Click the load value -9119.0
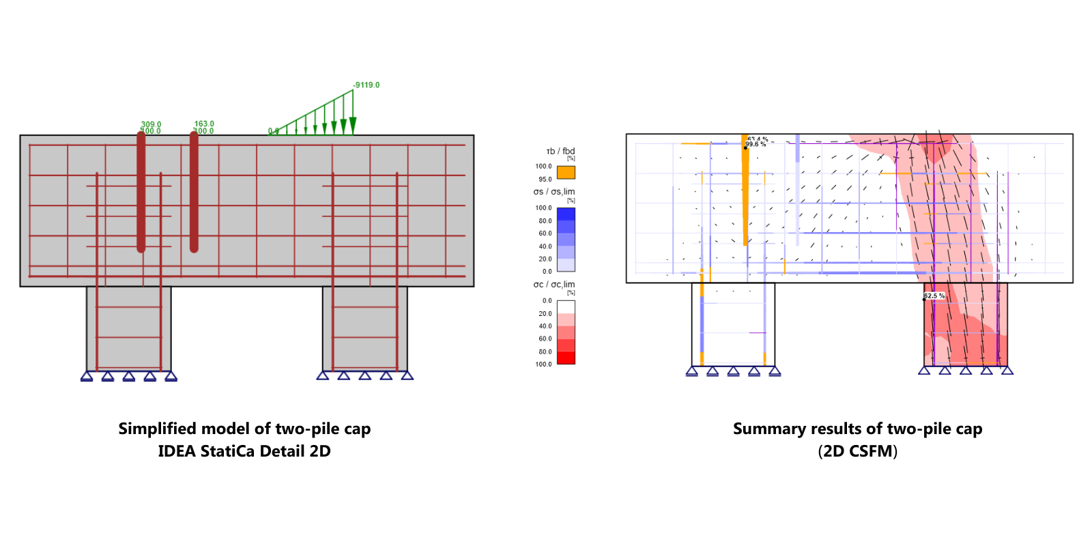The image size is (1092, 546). pos(367,85)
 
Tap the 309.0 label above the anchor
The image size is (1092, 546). pos(152,124)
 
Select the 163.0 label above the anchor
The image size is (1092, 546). pos(204,124)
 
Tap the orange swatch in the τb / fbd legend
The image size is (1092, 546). pos(566,173)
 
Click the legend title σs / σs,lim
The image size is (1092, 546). pos(554,192)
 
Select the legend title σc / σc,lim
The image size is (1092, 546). pos(554,285)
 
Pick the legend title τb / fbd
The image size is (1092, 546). pos(560,152)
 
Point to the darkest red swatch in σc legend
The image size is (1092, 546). pos(566,358)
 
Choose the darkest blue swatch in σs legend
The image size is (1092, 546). pos(566,214)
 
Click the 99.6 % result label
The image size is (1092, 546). pos(756,145)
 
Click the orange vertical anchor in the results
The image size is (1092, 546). pos(745,191)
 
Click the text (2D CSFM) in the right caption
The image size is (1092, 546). pos(857,451)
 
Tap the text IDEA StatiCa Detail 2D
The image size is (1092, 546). pos(244,451)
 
